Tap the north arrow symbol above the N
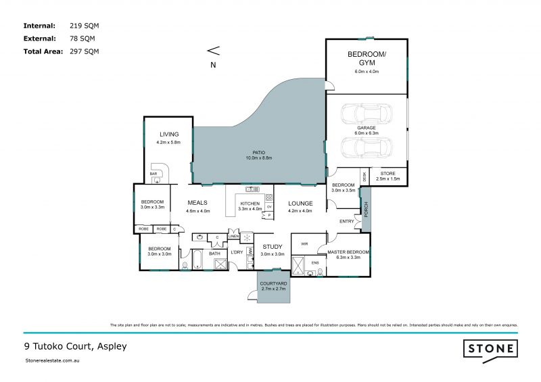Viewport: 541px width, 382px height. (213, 50)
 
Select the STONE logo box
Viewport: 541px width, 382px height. (490, 349)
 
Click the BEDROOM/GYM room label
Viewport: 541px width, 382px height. (367, 57)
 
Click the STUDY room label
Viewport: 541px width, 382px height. (272, 247)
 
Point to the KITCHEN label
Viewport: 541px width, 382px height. (250, 204)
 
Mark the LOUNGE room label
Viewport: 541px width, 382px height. (300, 203)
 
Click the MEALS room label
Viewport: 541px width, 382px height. (197, 203)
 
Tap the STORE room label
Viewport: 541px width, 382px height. (387, 174)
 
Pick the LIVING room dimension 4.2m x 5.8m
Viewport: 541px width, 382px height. (168, 143)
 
